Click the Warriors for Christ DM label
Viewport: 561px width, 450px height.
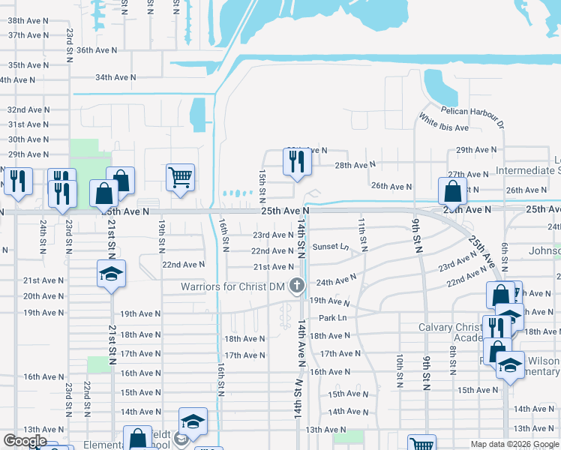click(x=234, y=286)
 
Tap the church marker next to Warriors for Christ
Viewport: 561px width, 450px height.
click(x=297, y=285)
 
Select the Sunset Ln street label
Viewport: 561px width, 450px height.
click(x=331, y=247)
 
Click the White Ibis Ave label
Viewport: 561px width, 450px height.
click(x=444, y=122)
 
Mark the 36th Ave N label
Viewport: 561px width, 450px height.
click(x=97, y=50)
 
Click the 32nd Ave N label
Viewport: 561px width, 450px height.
click(x=28, y=109)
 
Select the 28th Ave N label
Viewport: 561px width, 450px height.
click(x=355, y=165)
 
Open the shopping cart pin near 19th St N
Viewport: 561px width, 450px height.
click(x=180, y=178)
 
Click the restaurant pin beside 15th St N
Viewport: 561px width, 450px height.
click(x=296, y=161)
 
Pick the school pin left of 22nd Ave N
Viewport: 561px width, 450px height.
click(x=111, y=274)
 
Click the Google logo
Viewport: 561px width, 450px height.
click(x=25, y=441)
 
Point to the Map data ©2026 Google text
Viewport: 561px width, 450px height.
click(x=514, y=444)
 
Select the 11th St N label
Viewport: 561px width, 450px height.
click(x=362, y=233)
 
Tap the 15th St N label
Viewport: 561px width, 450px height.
click(x=262, y=185)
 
